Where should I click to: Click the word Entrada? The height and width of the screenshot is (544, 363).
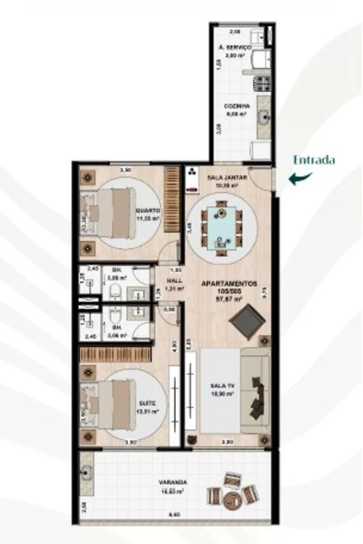coord(314,160)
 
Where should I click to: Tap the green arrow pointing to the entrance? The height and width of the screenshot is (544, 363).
coord(300,178)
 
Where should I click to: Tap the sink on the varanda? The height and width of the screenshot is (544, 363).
coord(87,473)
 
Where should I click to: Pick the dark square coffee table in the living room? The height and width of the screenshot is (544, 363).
coord(249,319)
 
